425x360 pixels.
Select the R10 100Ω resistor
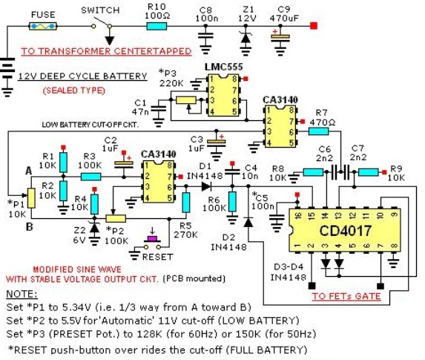click(x=156, y=25)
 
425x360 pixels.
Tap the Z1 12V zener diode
click(x=247, y=36)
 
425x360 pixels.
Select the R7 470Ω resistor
click(x=318, y=131)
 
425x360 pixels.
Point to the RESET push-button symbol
click(x=154, y=240)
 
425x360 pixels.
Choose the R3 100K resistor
click(x=90, y=176)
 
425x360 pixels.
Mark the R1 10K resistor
click(x=65, y=160)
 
